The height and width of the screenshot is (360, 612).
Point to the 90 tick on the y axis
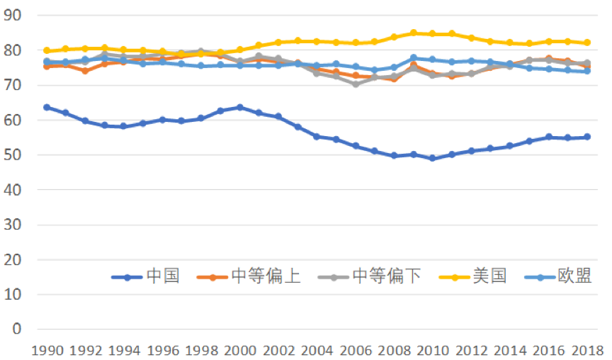[x=13, y=15]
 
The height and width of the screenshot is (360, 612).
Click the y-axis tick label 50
[x=13, y=154]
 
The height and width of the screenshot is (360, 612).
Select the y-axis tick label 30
[x=13, y=225]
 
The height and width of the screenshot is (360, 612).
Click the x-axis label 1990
[x=47, y=349]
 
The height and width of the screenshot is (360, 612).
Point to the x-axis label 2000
[x=239, y=349]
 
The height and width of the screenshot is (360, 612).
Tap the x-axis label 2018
[x=588, y=349]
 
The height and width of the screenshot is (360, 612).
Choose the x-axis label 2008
[x=395, y=349]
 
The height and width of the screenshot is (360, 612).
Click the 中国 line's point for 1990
[x=47, y=107]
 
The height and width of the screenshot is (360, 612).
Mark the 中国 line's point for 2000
[x=239, y=107]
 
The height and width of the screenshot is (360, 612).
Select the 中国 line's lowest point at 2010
[x=433, y=158]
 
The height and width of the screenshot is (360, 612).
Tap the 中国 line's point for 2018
[x=587, y=137]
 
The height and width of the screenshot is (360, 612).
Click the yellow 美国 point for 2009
[x=414, y=33]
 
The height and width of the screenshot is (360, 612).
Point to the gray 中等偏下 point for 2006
[x=356, y=84]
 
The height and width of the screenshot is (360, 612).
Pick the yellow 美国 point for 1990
[x=47, y=51]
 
